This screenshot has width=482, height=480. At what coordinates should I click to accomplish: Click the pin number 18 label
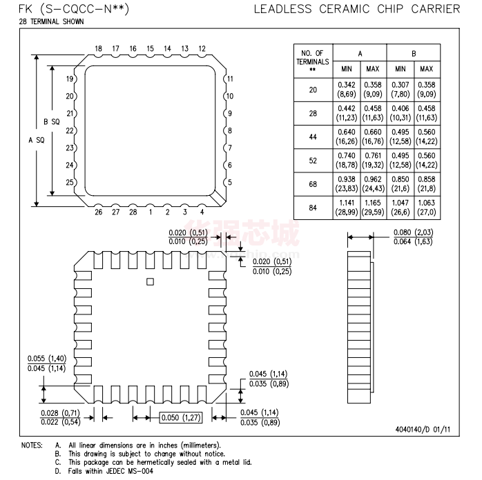98,48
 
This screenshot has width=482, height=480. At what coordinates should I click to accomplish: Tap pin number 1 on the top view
151,212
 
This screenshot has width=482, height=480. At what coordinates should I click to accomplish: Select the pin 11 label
230,79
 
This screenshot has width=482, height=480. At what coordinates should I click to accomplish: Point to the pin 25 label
70,182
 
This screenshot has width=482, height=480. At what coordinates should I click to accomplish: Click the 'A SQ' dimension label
37,140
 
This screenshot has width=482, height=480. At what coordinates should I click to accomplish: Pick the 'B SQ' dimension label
52,122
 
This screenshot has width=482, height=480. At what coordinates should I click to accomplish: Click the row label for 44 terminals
313,137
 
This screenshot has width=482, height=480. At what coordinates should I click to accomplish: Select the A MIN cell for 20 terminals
347,89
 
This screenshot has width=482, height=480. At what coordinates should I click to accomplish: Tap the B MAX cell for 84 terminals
427,208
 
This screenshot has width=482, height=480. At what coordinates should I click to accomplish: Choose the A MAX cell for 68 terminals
373,184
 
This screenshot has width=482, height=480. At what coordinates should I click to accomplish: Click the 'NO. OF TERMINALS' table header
313,61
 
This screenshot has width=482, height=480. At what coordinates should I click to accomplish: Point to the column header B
414,54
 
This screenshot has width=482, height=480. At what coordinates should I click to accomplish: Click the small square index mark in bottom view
150,282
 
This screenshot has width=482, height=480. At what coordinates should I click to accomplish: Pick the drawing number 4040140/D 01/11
423,430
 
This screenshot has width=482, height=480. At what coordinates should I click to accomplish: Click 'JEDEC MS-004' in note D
129,471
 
